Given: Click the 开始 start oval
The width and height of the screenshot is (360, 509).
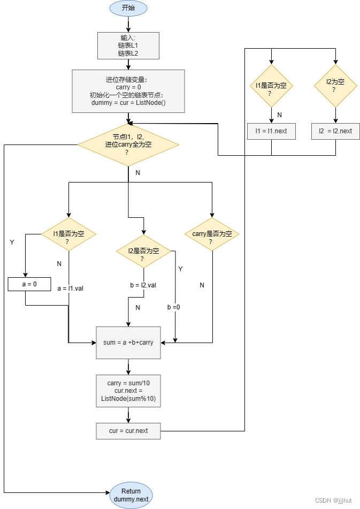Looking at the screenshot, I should [128, 8].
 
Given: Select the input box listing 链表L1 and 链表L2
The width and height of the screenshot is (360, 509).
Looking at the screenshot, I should [128, 45].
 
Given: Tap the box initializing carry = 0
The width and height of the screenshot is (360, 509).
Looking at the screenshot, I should [128, 91].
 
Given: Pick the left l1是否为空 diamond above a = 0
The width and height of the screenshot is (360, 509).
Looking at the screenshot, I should [68, 234].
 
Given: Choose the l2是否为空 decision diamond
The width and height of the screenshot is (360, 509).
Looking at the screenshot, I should [143, 251].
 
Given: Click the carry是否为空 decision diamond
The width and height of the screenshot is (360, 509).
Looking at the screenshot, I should [212, 234].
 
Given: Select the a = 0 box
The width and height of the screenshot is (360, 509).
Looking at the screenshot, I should [29, 284].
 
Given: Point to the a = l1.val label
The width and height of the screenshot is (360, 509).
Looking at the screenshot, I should [70, 288].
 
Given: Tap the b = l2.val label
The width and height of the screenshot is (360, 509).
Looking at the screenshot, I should [143, 285].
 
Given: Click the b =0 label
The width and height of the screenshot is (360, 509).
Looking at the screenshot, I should [173, 307].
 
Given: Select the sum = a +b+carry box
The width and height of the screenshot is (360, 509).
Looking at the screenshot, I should [128, 343].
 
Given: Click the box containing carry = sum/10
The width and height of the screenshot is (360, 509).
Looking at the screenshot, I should [128, 391].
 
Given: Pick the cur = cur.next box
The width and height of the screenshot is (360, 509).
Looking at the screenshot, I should [128, 431].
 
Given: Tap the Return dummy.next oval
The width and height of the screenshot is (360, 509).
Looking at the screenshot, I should [131, 495].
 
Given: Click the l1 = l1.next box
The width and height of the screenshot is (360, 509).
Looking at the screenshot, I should [271, 131].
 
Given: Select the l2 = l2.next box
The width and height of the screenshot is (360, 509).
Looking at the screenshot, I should [335, 131].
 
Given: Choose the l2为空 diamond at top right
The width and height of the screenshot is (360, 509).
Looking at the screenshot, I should [335, 86].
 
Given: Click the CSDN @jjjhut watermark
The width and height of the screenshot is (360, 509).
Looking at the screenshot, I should [333, 500].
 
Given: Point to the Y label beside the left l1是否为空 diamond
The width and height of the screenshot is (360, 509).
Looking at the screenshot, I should [12, 242].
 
